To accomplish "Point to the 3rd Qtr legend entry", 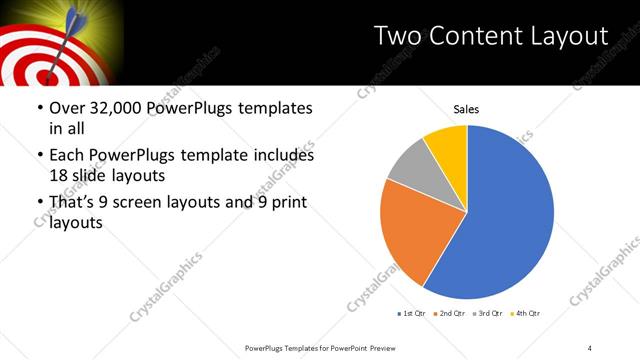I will [x=489, y=314].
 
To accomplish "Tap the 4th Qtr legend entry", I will [x=526, y=314].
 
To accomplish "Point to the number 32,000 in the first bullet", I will [x=114, y=108].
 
